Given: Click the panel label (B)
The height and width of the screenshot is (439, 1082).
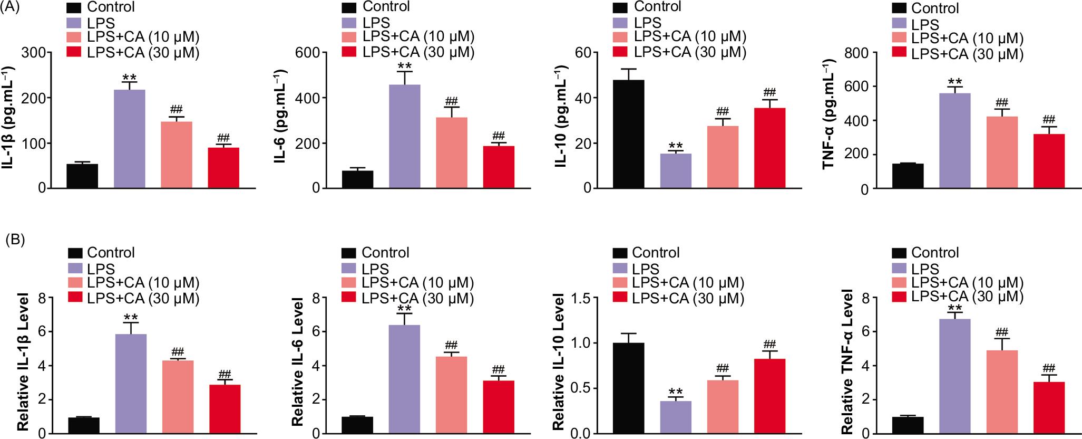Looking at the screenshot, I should tap(14, 240).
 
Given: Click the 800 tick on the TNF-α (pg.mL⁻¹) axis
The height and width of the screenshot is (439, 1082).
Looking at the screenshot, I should tap(857, 53).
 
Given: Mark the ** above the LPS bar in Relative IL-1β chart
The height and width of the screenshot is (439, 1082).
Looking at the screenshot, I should tap(131, 318).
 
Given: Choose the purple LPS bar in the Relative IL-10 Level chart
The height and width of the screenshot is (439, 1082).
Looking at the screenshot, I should tap(675, 417).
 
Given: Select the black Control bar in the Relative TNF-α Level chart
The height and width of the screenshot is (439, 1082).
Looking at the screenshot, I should tap(908, 425).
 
